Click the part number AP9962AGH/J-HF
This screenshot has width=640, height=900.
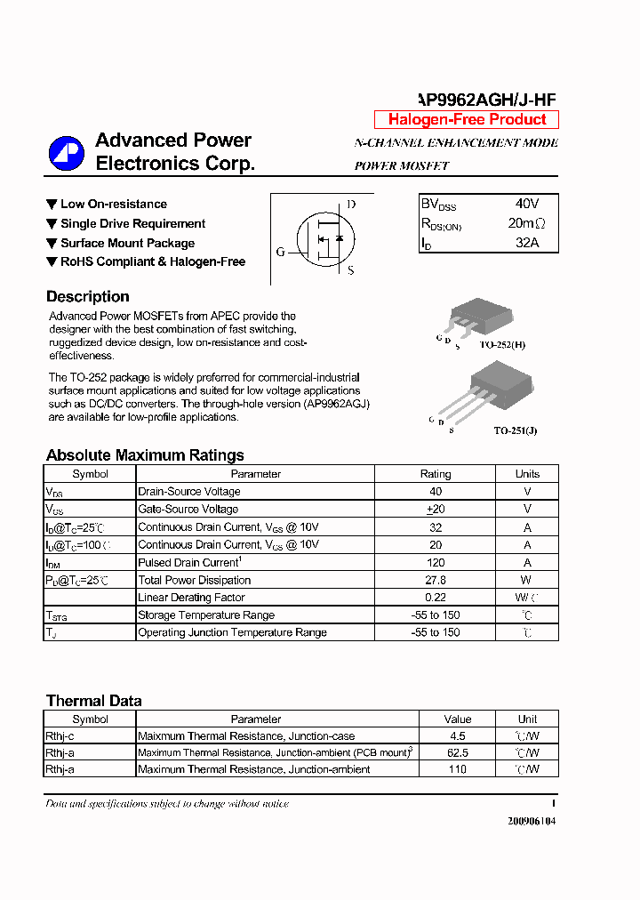487,100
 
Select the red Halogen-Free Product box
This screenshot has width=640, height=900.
467,120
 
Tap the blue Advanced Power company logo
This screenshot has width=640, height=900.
66,153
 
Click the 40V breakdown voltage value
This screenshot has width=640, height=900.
527,204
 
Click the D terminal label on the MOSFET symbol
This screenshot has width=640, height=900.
351,205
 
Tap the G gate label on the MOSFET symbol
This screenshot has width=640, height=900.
280,253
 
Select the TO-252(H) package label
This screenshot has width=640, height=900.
502,344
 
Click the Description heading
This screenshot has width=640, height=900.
88,297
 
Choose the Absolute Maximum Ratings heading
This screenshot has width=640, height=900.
145,455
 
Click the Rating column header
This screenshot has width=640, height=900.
435,474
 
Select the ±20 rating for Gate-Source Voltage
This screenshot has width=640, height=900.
435,510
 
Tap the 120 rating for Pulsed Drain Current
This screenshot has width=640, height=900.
435,562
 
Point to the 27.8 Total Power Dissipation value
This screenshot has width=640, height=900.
435,580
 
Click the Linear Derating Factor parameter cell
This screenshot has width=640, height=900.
191,598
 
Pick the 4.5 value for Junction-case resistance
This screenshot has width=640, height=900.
457,736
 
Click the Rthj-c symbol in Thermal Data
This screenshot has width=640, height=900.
61,736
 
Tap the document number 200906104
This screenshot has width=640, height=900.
531,821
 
